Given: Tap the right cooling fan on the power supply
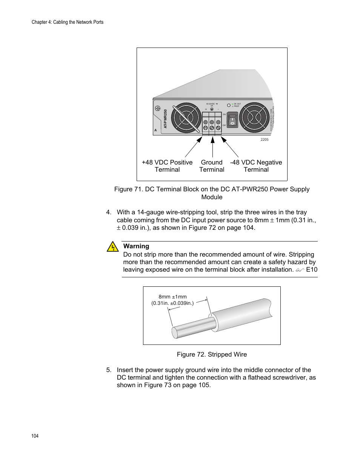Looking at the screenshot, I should coord(255,118).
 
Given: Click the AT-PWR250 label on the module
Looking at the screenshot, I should coord(165,118).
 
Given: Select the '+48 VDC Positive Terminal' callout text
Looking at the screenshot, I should coord(167,166).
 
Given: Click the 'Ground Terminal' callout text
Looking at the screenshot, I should coord(212,166).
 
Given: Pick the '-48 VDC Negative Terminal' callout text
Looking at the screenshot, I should coord(256,166).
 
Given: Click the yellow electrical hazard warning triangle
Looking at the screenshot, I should coord(112,247).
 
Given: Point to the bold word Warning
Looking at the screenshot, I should coord(136,246).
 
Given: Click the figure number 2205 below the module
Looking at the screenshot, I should coord(265,140).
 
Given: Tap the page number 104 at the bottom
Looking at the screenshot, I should coord(35,436).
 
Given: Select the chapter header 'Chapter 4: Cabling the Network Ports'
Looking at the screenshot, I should coord(68,22).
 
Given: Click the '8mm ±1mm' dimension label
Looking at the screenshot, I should coord(172,297).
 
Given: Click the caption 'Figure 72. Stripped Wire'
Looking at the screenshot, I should coord(212,354).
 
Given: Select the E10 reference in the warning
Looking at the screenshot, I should coord(312,269).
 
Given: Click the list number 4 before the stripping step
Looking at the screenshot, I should coord(109,212).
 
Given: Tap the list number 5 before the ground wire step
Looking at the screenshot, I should coord(109,370).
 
